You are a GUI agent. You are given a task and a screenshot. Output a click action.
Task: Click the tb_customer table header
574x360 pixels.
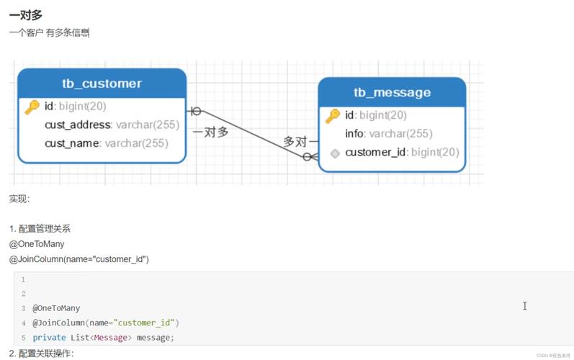click(x=102, y=84)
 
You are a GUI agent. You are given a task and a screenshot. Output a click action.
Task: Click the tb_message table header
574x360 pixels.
click(x=392, y=93)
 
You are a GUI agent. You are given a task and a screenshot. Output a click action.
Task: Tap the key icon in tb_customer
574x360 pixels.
click(x=32, y=107)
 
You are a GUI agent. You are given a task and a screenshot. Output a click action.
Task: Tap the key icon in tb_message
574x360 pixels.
click(x=333, y=116)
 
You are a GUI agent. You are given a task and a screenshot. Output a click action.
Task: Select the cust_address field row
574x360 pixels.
click(x=112, y=125)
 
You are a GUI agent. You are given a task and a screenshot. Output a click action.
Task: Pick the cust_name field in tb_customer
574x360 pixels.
click(x=107, y=143)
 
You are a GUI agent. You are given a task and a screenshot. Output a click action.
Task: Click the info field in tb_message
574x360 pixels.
click(x=389, y=133)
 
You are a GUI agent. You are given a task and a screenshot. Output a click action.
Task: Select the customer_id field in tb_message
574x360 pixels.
click(x=402, y=152)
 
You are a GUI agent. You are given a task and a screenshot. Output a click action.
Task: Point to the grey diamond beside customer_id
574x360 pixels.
click(x=335, y=153)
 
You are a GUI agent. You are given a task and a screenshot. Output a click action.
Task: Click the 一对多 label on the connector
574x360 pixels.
click(x=210, y=132)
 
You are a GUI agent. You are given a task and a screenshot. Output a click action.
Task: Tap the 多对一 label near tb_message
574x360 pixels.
click(x=301, y=141)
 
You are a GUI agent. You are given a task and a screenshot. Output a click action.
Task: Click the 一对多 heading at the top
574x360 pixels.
click(x=26, y=15)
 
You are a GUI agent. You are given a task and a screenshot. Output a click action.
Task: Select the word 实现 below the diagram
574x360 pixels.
click(x=18, y=199)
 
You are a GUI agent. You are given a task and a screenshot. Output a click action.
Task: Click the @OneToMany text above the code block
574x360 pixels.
click(x=37, y=244)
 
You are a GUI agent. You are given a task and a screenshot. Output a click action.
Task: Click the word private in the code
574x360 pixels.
click(x=49, y=337)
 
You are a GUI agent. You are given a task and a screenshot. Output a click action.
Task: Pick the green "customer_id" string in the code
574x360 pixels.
click(x=144, y=323)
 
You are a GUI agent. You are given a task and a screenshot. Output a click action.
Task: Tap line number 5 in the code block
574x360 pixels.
click(x=24, y=337)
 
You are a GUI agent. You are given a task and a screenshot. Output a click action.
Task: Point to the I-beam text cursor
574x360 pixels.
click(x=524, y=306)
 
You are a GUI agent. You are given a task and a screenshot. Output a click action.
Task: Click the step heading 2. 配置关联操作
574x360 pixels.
click(x=41, y=354)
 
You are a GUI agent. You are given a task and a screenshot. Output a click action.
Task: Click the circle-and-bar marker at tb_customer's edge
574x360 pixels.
click(x=194, y=111)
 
